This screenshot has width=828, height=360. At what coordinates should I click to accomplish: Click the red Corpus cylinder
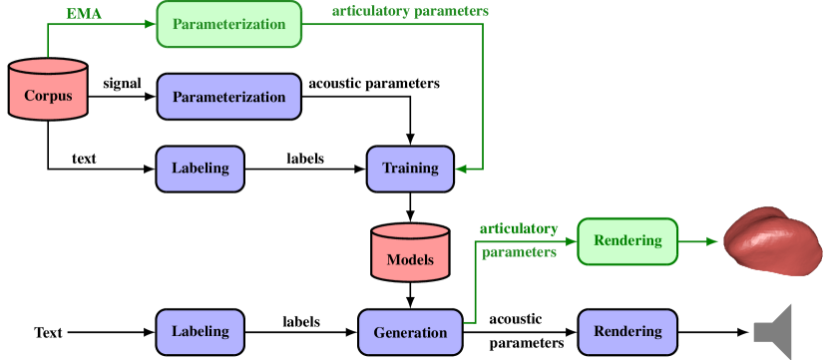click(48, 90)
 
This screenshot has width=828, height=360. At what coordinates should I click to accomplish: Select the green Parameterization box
click(228, 24)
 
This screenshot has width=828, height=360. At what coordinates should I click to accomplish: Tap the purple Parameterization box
click(228, 97)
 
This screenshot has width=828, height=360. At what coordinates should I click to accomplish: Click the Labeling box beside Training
click(200, 169)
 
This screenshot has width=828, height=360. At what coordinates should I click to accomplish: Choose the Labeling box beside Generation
click(200, 331)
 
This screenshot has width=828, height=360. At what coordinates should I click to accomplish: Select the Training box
click(410, 169)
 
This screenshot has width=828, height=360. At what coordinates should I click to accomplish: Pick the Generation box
click(410, 332)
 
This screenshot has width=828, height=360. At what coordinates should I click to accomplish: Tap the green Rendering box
click(627, 241)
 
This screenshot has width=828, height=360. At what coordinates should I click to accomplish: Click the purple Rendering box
click(627, 331)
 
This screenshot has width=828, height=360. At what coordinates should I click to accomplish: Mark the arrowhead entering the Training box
click(461, 169)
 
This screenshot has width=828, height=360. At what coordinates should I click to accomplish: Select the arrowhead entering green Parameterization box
click(150, 24)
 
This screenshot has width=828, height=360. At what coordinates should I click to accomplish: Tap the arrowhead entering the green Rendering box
click(571, 241)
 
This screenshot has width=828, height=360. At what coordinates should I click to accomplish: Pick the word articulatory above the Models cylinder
click(518, 228)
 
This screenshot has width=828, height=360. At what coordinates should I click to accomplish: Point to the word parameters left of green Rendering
click(519, 253)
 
